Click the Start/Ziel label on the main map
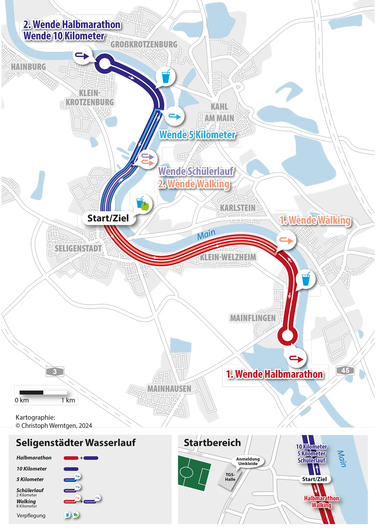pos(108,218)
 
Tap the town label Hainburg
pos(28,67)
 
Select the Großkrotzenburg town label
pos(144,45)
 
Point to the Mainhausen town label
pos(169,389)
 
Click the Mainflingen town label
pos(253,318)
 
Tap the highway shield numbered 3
pos(55,372)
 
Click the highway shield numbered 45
pos(345,370)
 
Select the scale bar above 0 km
pos(43,393)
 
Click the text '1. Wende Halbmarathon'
pos(274,374)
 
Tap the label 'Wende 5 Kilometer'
pos(197,135)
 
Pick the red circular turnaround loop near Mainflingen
pos(287,335)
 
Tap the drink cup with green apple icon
pos(143,203)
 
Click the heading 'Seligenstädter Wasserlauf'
pos(76,443)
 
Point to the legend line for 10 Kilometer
pos(71,469)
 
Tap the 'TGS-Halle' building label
pos(230,477)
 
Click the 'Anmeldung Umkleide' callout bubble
pos(248,461)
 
